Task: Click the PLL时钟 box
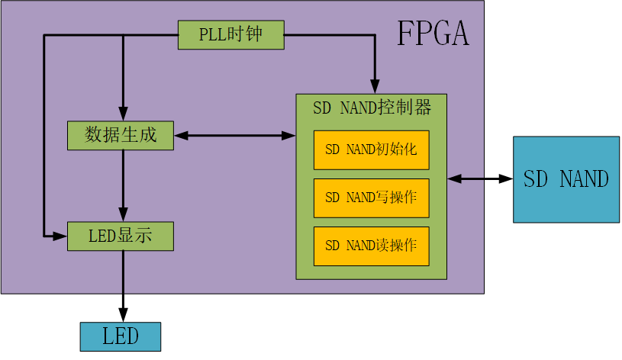[x=231, y=35]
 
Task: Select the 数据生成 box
[x=121, y=136]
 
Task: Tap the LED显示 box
[x=121, y=236]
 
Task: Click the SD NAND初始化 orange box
[x=372, y=150]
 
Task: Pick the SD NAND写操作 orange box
[x=372, y=198]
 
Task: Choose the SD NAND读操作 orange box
[x=372, y=246]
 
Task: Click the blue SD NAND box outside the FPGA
[x=566, y=179]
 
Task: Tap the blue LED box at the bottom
[x=121, y=336]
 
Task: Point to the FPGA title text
[x=433, y=34]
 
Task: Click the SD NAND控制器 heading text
[x=372, y=108]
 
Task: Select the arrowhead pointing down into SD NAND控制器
[x=375, y=87]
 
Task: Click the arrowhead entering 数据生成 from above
[x=123, y=114]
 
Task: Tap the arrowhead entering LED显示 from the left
[x=60, y=236]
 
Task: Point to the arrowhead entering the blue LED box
[x=123, y=315]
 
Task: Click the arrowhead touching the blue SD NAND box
[x=506, y=178]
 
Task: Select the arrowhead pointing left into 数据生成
[x=181, y=136]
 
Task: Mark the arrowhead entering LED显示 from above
[x=123, y=214]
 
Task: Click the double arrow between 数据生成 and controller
[x=235, y=136]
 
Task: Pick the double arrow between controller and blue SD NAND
[x=480, y=178]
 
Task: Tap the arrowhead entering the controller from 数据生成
[x=288, y=136]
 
